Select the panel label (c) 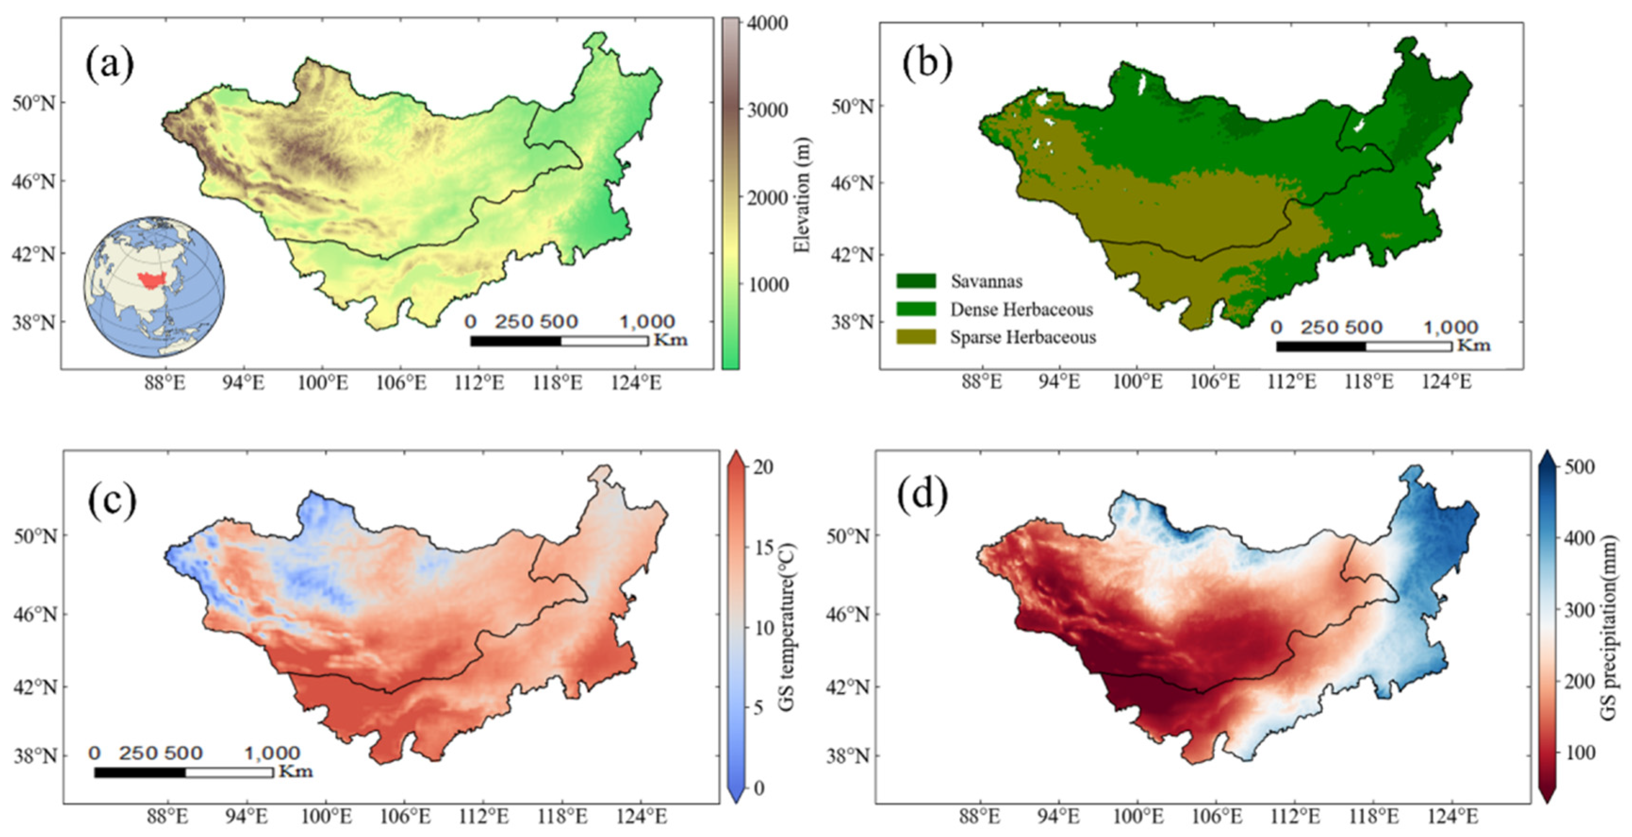click(112, 500)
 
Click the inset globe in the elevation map click(154, 286)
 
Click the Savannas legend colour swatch click(915, 281)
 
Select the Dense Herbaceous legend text click(1021, 309)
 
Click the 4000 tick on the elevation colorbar click(767, 24)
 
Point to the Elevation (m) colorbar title click(803, 196)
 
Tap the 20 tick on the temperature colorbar click(763, 467)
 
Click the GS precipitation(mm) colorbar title click(1609, 627)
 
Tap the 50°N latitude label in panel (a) click(33, 103)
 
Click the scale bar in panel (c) click(184, 772)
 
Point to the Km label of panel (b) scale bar click(1474, 345)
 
